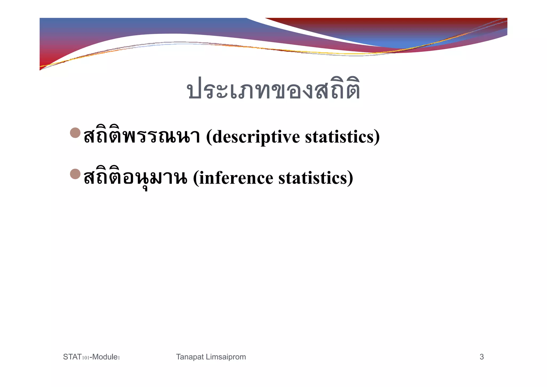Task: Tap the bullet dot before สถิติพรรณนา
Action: (x=75, y=133)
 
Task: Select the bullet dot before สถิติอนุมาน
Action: (x=75, y=174)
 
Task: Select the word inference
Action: (x=236, y=178)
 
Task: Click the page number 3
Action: (x=482, y=357)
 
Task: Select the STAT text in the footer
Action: (x=72, y=357)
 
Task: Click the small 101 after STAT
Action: (x=85, y=358)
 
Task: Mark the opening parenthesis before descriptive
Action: (x=209, y=137)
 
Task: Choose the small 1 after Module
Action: (x=119, y=358)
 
